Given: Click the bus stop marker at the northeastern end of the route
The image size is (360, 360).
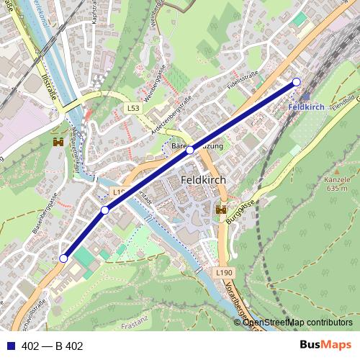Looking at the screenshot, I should (296, 82).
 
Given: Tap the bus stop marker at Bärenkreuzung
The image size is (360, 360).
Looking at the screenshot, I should (190, 150).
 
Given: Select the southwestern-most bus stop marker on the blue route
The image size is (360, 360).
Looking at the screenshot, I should (63, 258).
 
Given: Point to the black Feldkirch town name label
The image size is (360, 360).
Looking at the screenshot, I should (204, 180).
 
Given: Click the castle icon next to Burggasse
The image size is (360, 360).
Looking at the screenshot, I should (221, 210).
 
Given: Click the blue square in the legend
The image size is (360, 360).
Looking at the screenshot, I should (11, 346).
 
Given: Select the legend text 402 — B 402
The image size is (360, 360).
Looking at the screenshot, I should (53, 346).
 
